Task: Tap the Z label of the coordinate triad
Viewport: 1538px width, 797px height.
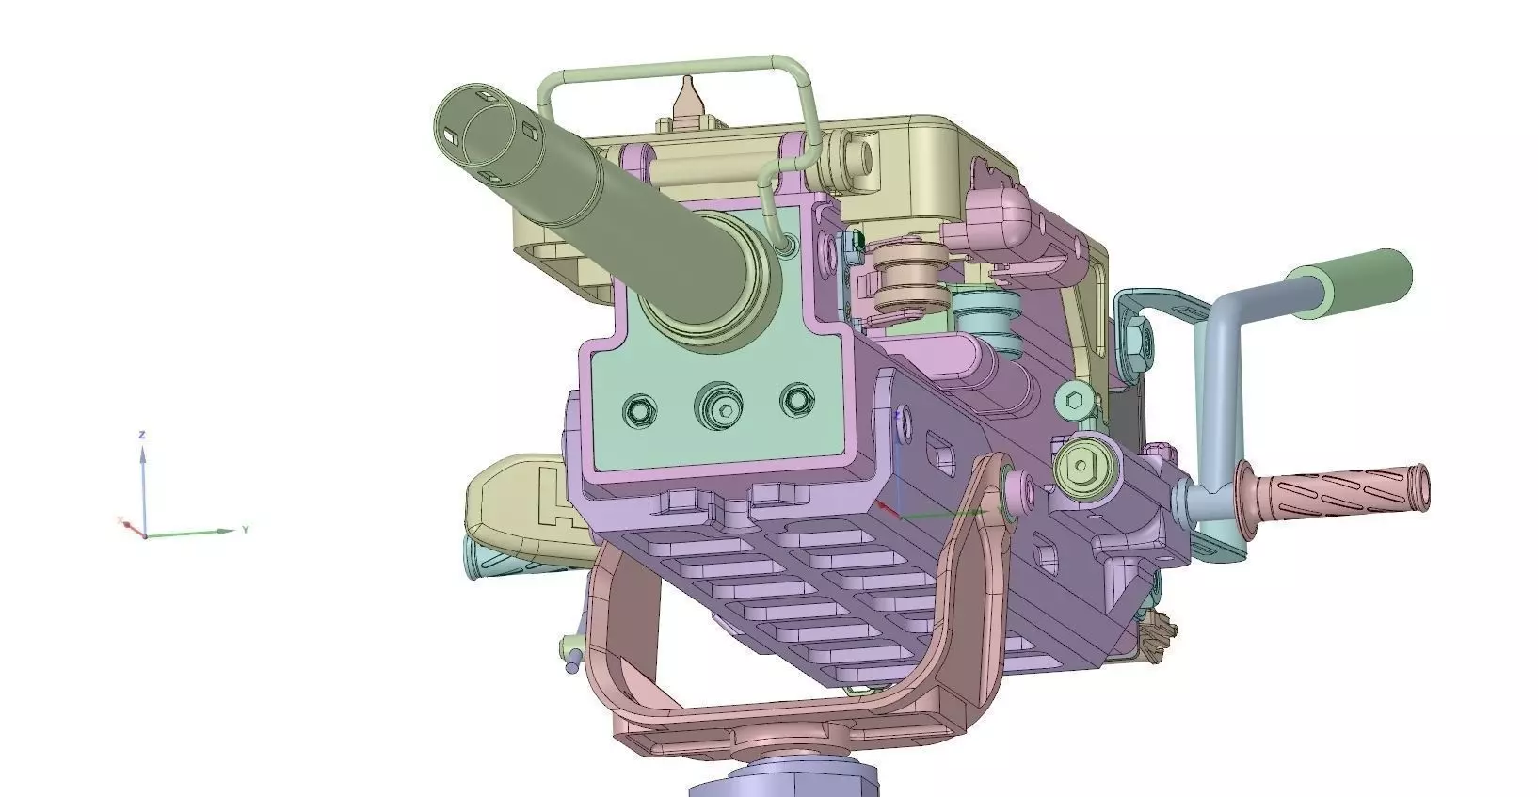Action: click(x=141, y=435)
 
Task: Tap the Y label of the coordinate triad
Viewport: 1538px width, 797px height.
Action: click(x=246, y=530)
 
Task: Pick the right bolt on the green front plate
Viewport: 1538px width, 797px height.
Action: click(x=798, y=400)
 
